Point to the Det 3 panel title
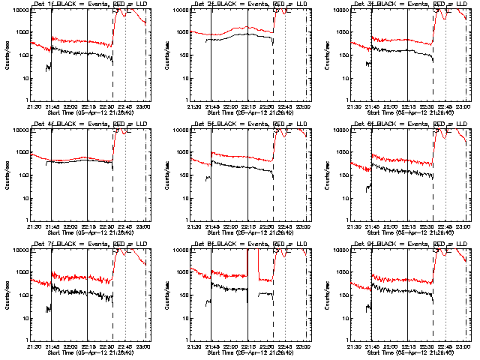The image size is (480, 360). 411,4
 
